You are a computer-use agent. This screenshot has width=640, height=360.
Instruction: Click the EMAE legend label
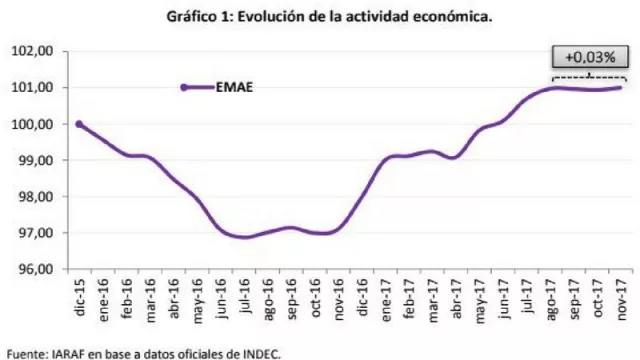click(233, 87)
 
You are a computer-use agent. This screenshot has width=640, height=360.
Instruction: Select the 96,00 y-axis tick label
click(31, 270)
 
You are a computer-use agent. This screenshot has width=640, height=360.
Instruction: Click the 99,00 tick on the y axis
click(31, 160)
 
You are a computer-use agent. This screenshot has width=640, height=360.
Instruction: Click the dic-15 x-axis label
click(75, 294)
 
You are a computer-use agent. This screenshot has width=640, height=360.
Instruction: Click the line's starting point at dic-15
click(79, 124)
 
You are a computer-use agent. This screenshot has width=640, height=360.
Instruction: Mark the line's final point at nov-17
click(620, 88)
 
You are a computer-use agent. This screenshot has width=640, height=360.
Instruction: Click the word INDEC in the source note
click(261, 351)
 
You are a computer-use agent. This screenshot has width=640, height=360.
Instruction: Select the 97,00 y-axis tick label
click(31, 233)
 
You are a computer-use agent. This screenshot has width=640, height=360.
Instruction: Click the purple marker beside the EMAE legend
click(185, 87)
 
